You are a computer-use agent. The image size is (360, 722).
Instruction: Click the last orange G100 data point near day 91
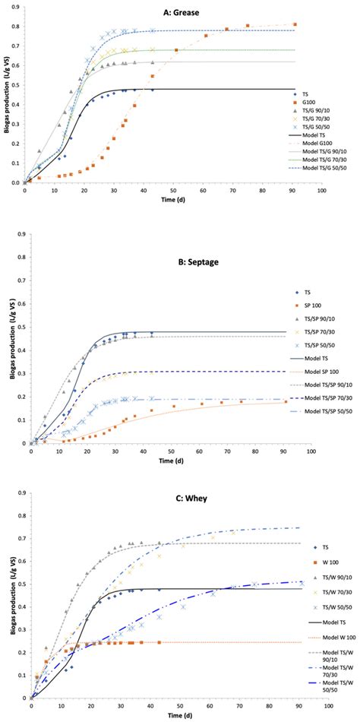[295, 24]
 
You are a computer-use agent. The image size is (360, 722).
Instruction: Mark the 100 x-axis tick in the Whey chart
[330, 704]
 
